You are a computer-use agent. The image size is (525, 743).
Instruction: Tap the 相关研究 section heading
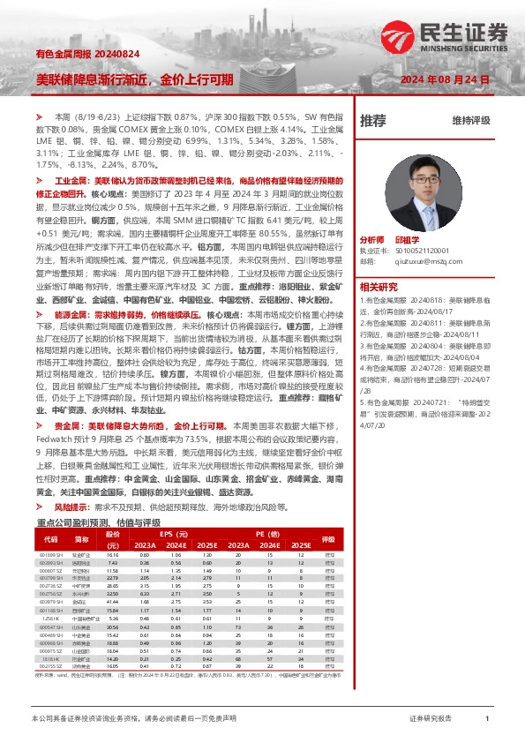[379, 286]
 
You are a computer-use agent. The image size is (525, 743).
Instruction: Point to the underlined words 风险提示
[71, 508]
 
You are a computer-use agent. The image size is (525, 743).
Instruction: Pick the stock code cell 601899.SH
[51, 554]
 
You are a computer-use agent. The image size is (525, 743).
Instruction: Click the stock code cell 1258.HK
[51, 619]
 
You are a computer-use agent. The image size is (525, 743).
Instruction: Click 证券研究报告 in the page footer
[431, 720]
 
